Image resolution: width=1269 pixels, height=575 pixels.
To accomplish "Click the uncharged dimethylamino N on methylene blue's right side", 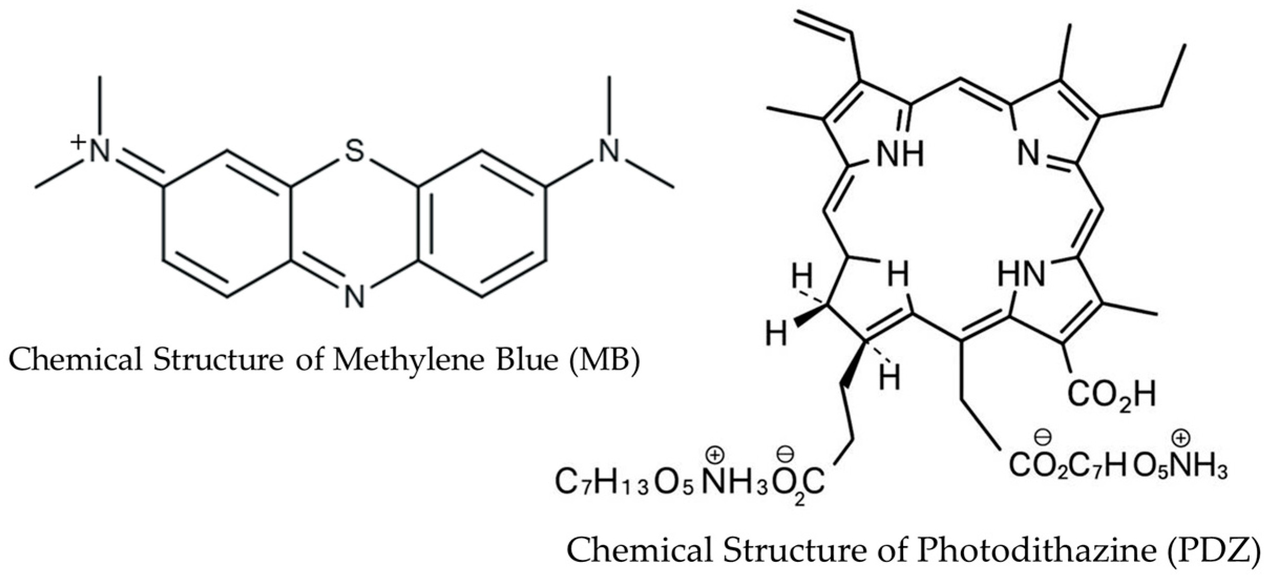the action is point(609,151).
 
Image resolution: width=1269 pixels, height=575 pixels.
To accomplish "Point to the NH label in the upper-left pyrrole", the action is point(900,155).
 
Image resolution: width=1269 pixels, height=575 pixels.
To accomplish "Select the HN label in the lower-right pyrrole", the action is point(1021,275).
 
